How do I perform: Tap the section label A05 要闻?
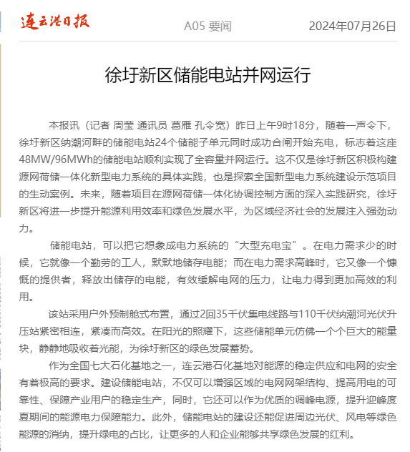coord(208,26)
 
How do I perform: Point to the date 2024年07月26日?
coord(352,26)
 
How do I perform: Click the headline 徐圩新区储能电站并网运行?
coord(208,74)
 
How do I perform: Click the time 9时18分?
coord(320,124)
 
